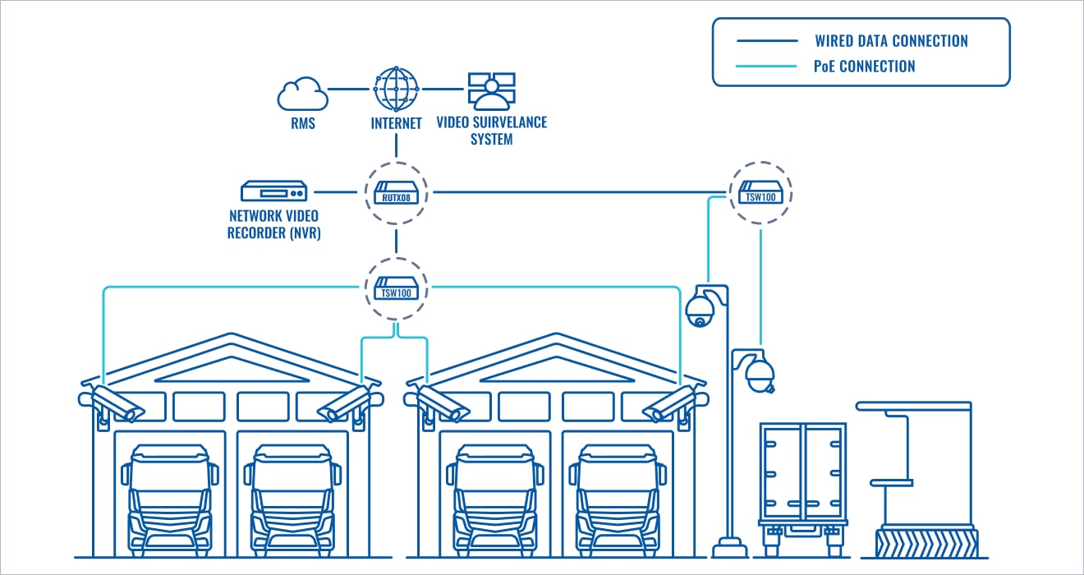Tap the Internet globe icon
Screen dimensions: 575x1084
coord(397,88)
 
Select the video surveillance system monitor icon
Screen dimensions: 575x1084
coord(491,90)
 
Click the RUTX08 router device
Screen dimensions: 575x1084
coord(397,194)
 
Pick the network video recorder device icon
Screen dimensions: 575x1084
coord(273,192)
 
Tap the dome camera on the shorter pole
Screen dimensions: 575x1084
coord(760,375)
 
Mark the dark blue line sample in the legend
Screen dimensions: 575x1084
coord(767,41)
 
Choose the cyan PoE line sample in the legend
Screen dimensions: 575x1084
coord(767,67)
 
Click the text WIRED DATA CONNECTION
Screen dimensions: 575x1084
coord(891,41)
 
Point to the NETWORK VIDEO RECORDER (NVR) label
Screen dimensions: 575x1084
coord(273,223)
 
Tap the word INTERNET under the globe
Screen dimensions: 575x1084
coord(397,123)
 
